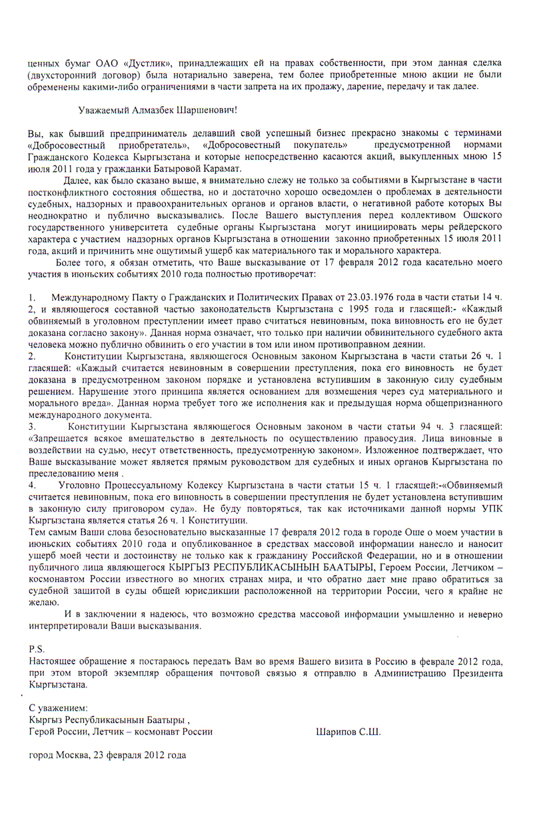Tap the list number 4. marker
(32, 485)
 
